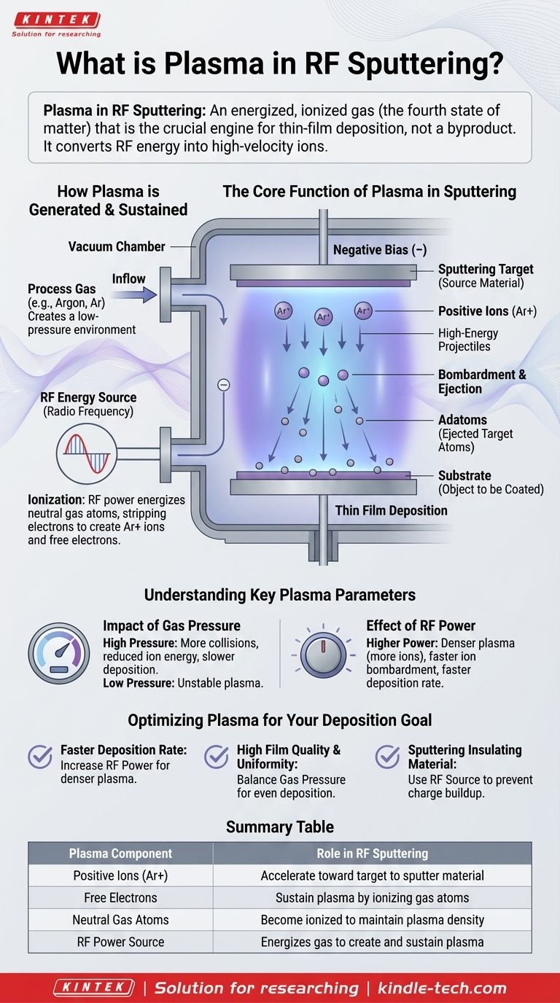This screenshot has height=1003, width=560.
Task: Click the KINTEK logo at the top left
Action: (x=56, y=20)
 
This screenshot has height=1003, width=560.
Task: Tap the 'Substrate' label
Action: (x=464, y=475)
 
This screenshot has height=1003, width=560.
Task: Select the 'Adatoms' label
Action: (x=462, y=420)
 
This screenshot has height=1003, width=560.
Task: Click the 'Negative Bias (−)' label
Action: (x=379, y=250)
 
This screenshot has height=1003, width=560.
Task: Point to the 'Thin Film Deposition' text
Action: (x=391, y=510)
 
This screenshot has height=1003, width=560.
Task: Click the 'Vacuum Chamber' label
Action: (x=117, y=246)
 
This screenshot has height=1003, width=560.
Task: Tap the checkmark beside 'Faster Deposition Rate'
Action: (x=40, y=757)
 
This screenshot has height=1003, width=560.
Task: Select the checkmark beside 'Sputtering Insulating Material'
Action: (x=387, y=757)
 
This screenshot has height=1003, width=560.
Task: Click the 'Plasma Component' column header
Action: (x=120, y=853)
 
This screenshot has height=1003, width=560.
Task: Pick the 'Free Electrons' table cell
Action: (x=120, y=897)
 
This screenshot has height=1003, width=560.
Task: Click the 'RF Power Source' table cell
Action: (x=120, y=942)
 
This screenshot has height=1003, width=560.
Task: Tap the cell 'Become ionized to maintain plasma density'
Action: (x=372, y=920)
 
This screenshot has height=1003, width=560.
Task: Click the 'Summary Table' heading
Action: (x=280, y=827)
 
